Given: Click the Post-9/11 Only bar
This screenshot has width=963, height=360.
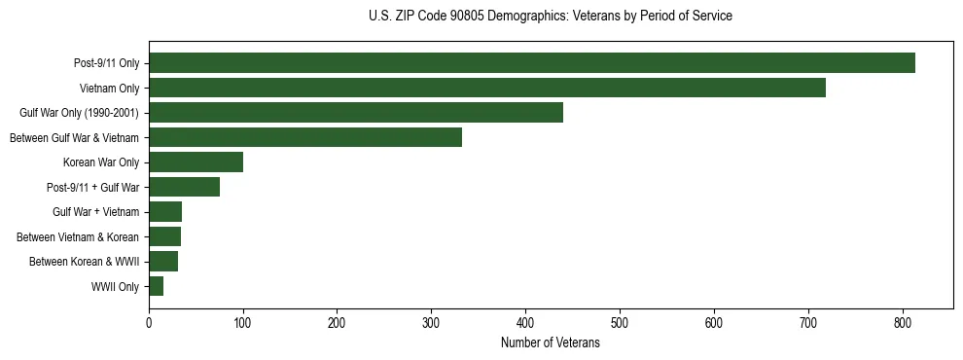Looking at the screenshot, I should click(532, 63).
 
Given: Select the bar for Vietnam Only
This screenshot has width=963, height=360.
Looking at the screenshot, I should click(487, 88).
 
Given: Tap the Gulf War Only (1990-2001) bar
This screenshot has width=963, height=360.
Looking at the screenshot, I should click(356, 113).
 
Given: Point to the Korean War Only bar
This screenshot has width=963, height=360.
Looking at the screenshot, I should click(196, 162).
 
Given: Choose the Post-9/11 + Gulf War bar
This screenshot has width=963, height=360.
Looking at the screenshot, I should click(184, 187).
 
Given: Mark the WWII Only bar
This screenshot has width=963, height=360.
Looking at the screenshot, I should click(156, 286).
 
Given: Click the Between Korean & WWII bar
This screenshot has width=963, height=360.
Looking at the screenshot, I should click(163, 262).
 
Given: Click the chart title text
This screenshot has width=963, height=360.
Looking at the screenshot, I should click(551, 17).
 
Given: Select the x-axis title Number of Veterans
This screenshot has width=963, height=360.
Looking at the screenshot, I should click(551, 342).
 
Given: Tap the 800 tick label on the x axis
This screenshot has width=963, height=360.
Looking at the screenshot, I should click(903, 324).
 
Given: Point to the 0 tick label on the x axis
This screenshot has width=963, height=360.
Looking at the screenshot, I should click(149, 324).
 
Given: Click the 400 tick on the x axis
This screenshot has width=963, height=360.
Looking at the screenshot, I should click(525, 324).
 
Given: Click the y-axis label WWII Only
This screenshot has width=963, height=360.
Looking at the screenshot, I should click(115, 287).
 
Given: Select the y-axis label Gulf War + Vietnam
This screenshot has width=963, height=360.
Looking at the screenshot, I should click(95, 212).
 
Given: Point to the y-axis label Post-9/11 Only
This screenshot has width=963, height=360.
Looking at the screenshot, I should click(106, 64).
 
